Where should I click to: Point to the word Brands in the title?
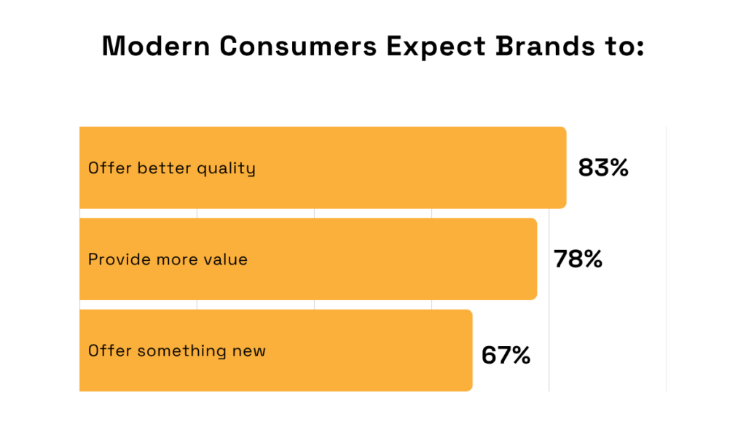click(530, 47)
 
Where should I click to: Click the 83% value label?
click(603, 168)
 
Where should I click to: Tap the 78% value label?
click(578, 259)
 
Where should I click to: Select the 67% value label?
click(506, 356)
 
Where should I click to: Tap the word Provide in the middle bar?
click(115, 259)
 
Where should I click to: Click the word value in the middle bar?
click(226, 259)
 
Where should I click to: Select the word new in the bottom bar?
click(249, 351)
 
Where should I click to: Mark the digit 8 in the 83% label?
click(586, 168)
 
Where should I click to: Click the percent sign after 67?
click(519, 356)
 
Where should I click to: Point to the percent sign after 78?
click(591, 259)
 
